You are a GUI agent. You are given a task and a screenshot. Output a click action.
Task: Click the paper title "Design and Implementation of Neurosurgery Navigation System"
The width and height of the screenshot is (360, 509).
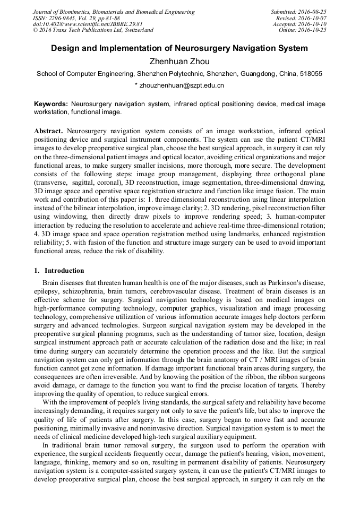[179, 48]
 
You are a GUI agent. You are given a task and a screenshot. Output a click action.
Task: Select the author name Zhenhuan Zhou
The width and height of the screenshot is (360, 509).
[179, 62]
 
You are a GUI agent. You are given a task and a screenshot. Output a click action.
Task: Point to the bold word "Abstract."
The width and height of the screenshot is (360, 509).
[49, 131]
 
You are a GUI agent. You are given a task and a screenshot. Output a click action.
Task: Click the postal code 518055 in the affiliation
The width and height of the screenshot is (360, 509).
[311, 74]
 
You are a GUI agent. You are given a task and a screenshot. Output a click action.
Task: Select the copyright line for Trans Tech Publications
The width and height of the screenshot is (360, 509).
[93, 30]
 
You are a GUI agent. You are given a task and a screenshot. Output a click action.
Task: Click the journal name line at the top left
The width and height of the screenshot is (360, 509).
[114, 12]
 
